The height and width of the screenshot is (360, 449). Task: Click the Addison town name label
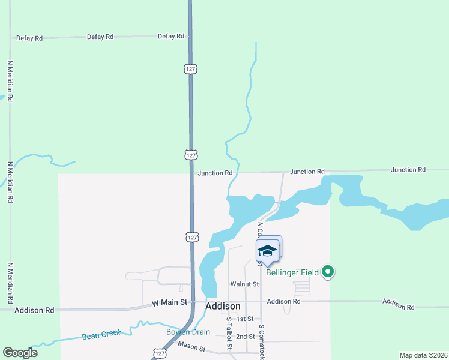pos(223,306)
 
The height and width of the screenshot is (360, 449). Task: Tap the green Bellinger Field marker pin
pos(328,272)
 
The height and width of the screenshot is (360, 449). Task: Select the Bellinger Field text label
pos(292,272)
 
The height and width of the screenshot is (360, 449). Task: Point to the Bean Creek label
pos(101,334)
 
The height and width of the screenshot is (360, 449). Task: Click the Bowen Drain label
pos(188,332)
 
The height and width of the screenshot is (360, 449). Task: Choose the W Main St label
pos(170,302)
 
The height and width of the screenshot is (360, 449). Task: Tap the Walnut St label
pos(244,284)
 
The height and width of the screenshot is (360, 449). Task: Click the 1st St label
pos(246,319)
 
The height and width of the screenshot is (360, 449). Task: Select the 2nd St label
pos(246,337)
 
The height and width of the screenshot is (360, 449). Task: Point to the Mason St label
pos(191,346)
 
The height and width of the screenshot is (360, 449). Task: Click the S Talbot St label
pos(229,337)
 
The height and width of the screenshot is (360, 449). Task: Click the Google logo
pos(20,353)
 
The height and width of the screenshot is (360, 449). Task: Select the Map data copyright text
pos(424,355)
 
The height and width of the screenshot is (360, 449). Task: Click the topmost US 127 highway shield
pos(191,69)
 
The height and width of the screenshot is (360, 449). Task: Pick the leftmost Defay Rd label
pos(30,38)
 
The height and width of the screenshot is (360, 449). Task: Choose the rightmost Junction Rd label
pos(408,170)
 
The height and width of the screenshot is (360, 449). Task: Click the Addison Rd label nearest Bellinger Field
pos(283,301)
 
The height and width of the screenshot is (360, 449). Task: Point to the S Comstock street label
pos(262,341)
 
